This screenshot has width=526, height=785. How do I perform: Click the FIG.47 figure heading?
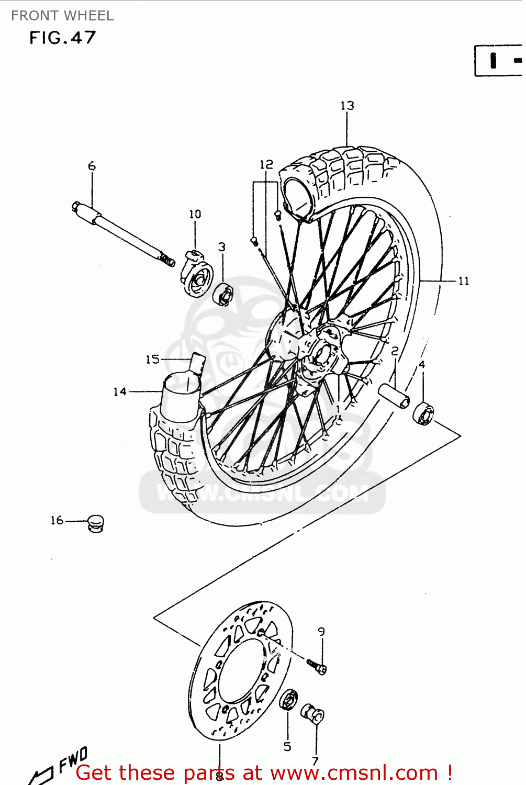pyautogui.click(x=62, y=38)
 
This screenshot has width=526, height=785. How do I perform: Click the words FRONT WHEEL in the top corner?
pyautogui.click(x=62, y=16)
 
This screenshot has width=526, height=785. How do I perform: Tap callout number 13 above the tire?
pyautogui.click(x=347, y=106)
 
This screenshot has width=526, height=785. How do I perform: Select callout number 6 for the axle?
pyautogui.click(x=92, y=166)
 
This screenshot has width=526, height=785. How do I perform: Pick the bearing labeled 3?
pyautogui.click(x=223, y=294)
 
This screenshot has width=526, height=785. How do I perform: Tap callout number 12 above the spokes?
pyautogui.click(x=266, y=164)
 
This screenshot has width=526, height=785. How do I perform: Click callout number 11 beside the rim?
pyautogui.click(x=464, y=281)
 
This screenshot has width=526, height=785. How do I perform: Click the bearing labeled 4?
pyautogui.click(x=423, y=413)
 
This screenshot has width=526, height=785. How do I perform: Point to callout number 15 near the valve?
pyautogui.click(x=152, y=359)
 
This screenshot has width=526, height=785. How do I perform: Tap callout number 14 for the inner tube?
pyautogui.click(x=120, y=391)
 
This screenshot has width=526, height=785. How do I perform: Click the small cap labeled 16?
pyautogui.click(x=96, y=523)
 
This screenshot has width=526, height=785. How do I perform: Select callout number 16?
pyautogui.click(x=57, y=520)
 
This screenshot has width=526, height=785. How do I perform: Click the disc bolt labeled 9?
pyautogui.click(x=317, y=667)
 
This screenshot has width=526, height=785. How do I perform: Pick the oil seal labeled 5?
pyautogui.click(x=288, y=699)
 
